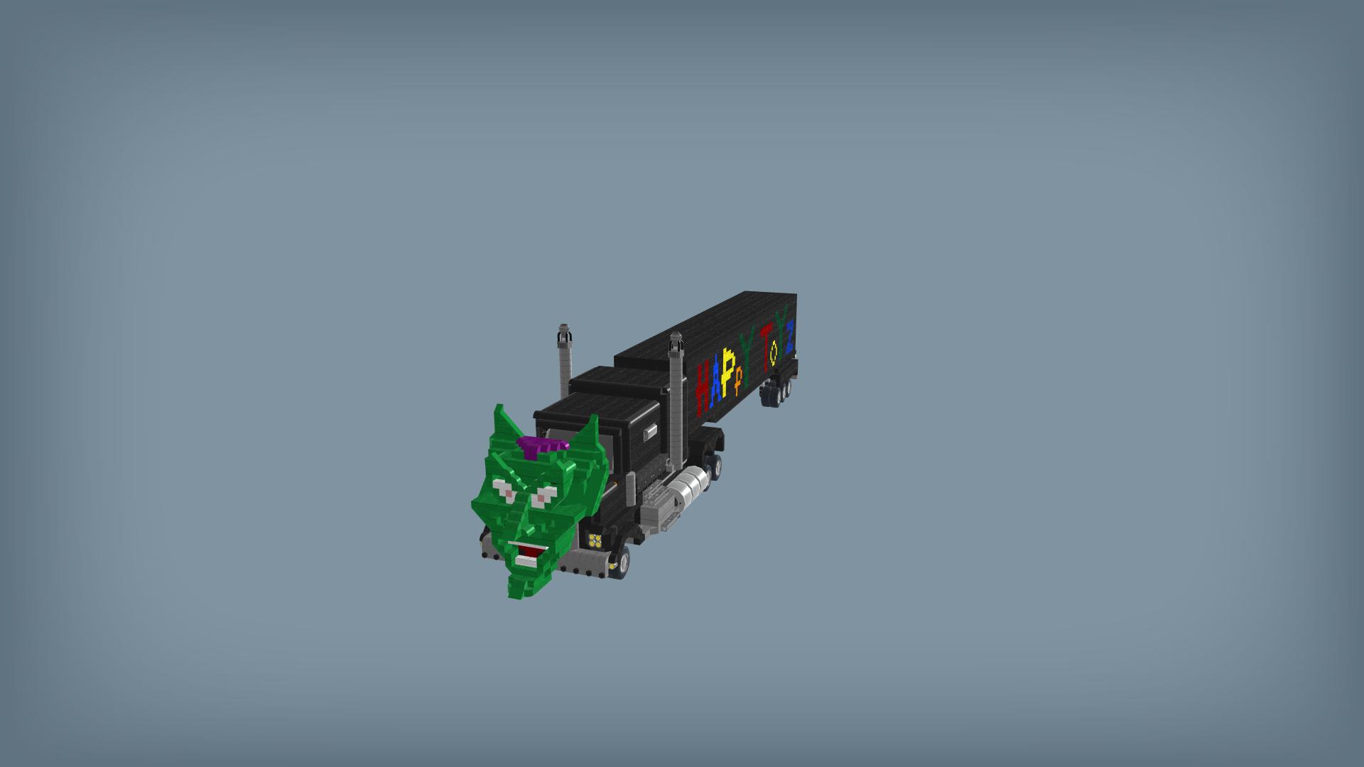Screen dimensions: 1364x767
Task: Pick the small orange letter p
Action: point(739,381)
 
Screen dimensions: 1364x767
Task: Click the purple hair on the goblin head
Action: point(541,445)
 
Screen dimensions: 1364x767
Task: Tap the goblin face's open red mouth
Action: point(527,550)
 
